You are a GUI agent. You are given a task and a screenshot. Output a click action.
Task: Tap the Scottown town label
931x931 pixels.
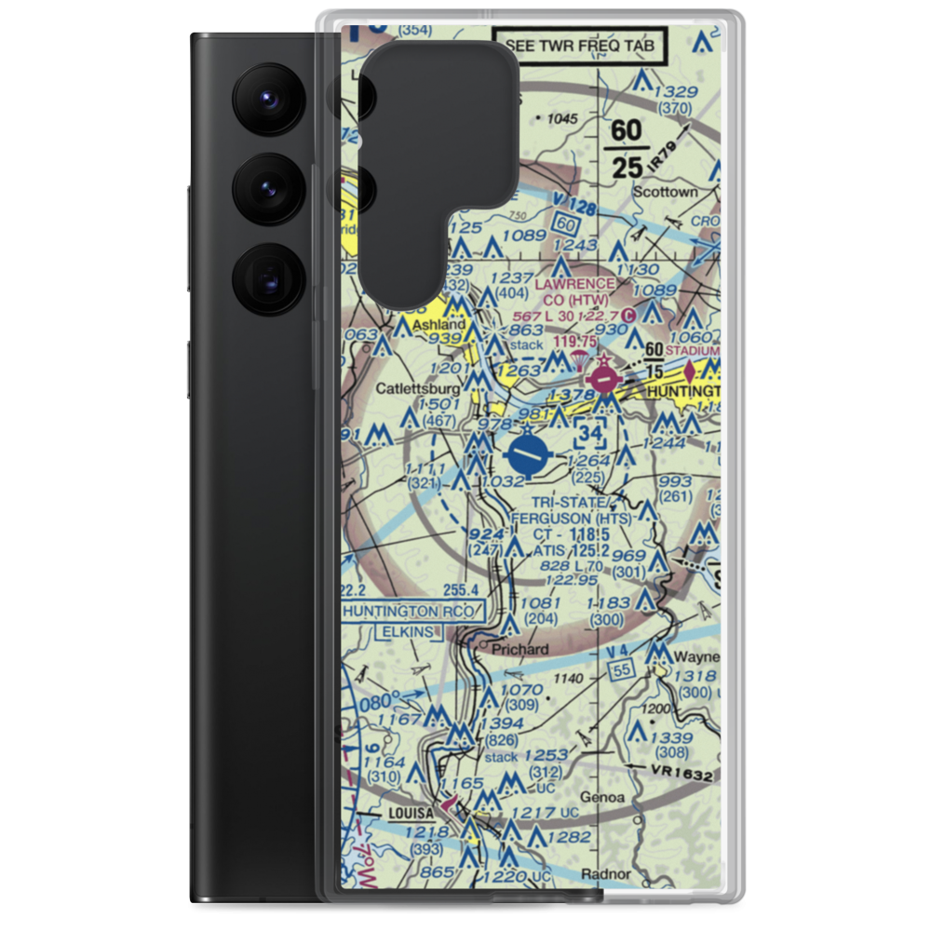point(665,193)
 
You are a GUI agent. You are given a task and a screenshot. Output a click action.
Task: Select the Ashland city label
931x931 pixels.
point(438,325)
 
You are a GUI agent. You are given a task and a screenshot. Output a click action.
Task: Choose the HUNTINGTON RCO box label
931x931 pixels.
point(412,612)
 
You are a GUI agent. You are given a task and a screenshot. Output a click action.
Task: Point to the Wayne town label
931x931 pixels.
point(697,657)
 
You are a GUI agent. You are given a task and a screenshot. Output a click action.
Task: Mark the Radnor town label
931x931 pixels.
point(605,874)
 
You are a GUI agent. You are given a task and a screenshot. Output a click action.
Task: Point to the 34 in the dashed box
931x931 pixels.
point(589,435)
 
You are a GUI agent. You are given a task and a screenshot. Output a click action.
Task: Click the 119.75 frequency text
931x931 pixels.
point(574,343)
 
